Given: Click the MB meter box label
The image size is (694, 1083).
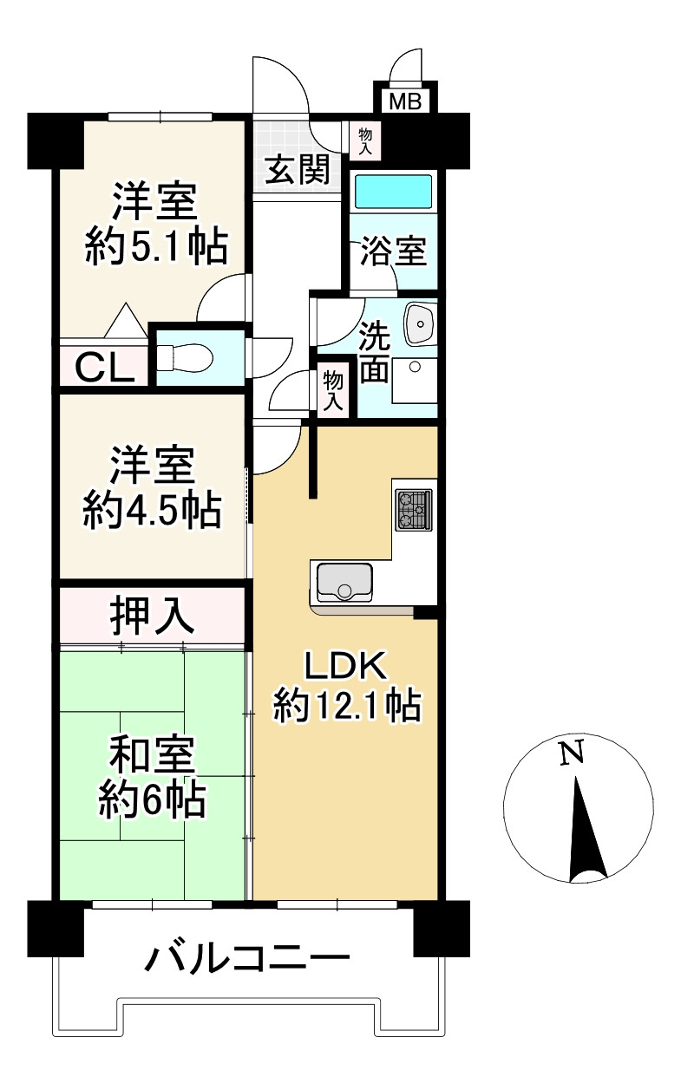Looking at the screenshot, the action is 405,101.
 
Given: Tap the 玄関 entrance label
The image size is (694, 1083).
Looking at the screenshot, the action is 297,170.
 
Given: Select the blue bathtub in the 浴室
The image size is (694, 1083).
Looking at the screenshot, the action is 393,192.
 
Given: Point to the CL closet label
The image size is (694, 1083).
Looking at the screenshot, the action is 104,368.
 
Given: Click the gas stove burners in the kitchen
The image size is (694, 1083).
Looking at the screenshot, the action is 414,510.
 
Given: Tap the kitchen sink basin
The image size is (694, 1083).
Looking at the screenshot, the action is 344,582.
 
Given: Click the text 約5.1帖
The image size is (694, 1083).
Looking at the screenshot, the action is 156,247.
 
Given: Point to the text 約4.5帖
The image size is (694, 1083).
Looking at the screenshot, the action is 153,511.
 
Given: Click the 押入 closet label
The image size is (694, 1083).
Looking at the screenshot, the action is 152,617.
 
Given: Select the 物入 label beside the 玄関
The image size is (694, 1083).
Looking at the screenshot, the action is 365,141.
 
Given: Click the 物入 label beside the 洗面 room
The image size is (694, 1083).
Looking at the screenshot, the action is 333,392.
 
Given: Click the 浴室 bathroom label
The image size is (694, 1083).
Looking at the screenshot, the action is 393,251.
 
